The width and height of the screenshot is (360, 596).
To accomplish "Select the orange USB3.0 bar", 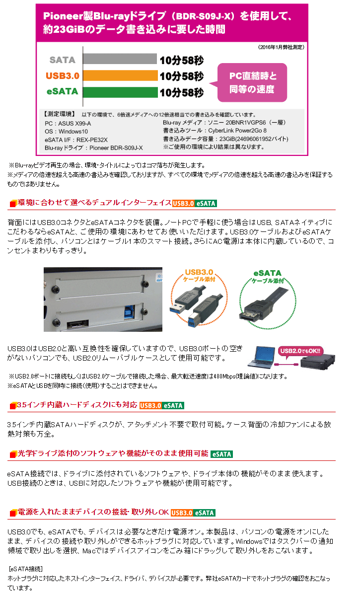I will [x=119, y=76].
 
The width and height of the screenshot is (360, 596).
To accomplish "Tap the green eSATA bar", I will [x=119, y=92].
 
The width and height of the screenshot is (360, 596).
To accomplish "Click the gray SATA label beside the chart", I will [x=63, y=60].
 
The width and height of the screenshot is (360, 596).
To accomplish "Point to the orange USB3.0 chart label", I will [x=63, y=76].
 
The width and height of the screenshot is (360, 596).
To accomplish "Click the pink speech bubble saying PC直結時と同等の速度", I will [x=253, y=82].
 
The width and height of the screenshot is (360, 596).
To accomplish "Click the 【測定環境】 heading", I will [x=59, y=114].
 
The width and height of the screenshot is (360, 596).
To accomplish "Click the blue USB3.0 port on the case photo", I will [x=129, y=313].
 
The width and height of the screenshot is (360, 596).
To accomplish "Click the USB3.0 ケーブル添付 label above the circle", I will [x=199, y=276].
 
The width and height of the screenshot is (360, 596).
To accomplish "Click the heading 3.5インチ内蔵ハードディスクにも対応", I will [x=77, y=405].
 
